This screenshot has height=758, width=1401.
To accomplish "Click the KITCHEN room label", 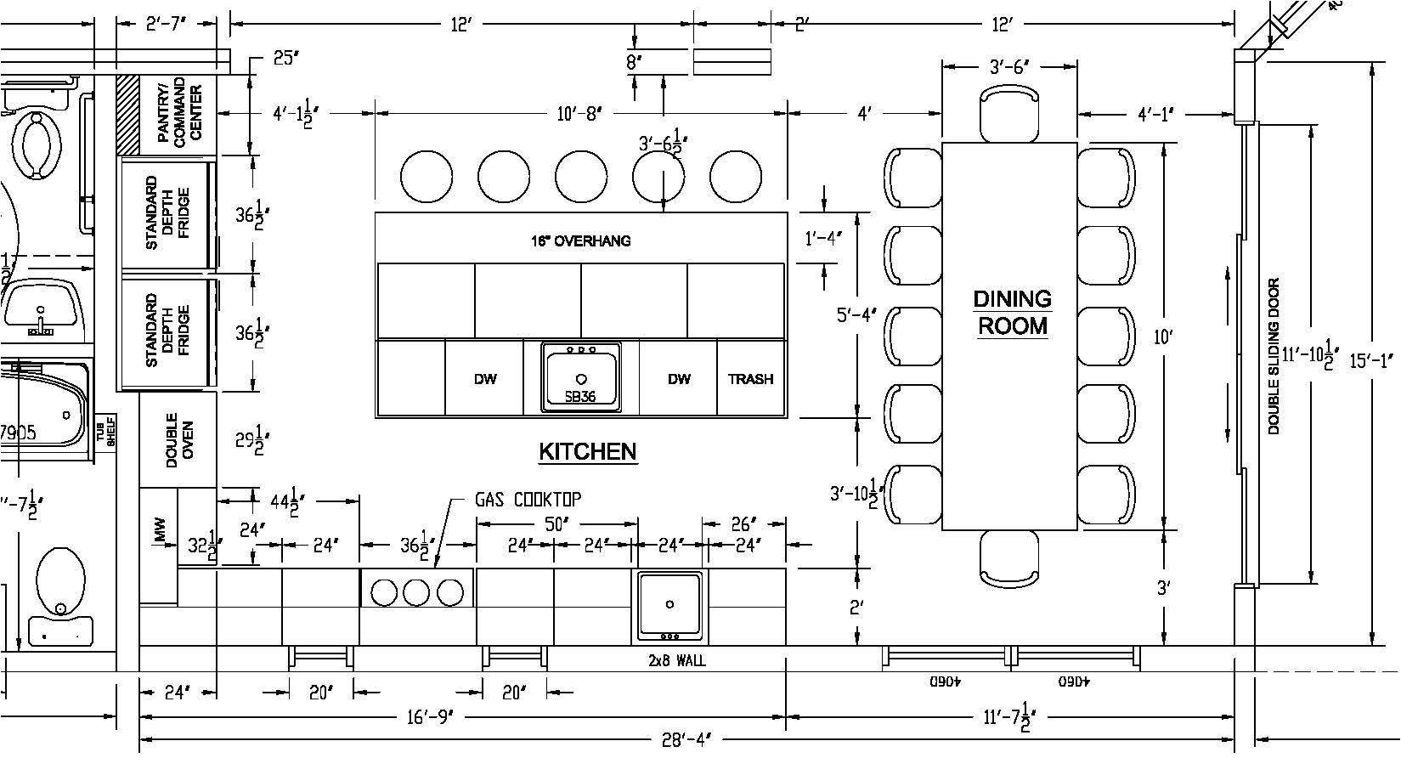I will (588, 451).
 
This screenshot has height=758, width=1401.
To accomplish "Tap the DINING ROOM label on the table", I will (1012, 312).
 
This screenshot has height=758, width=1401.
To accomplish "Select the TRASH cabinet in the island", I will (750, 379).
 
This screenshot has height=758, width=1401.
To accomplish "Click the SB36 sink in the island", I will (582, 377).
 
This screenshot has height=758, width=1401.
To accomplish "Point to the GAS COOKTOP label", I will (528, 500).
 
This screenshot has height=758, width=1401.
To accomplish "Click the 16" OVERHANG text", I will (581, 240).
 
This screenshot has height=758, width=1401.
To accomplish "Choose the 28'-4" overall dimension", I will (686, 741).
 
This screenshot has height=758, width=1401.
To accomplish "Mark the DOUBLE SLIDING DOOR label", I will (1273, 357).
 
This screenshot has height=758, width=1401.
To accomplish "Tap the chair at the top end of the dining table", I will (1009, 115).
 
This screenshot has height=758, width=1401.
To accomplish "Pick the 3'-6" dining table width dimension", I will (1009, 67).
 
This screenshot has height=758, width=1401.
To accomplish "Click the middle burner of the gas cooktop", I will (416, 591).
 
